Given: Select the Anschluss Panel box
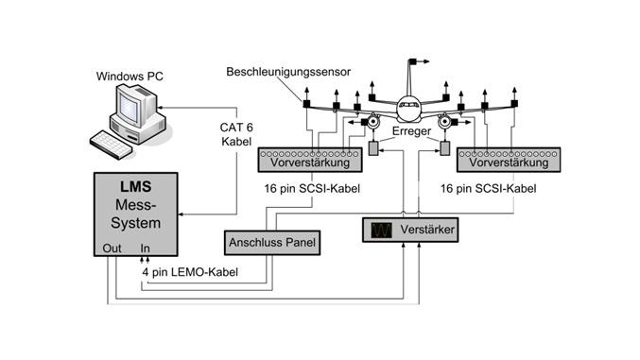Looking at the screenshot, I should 269,243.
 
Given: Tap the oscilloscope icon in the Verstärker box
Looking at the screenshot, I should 384,229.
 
